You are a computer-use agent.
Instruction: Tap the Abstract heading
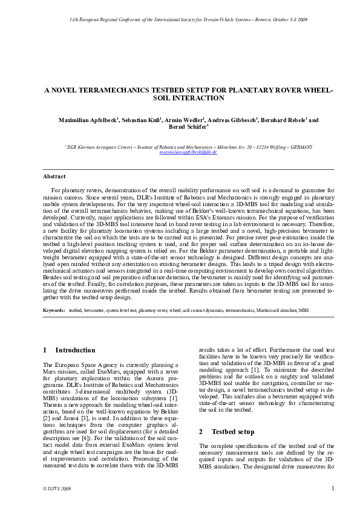[54, 177]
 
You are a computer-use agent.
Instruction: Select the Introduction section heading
[75, 350]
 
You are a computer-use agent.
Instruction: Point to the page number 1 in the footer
[333, 488]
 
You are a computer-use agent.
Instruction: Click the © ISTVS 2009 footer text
[58, 488]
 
